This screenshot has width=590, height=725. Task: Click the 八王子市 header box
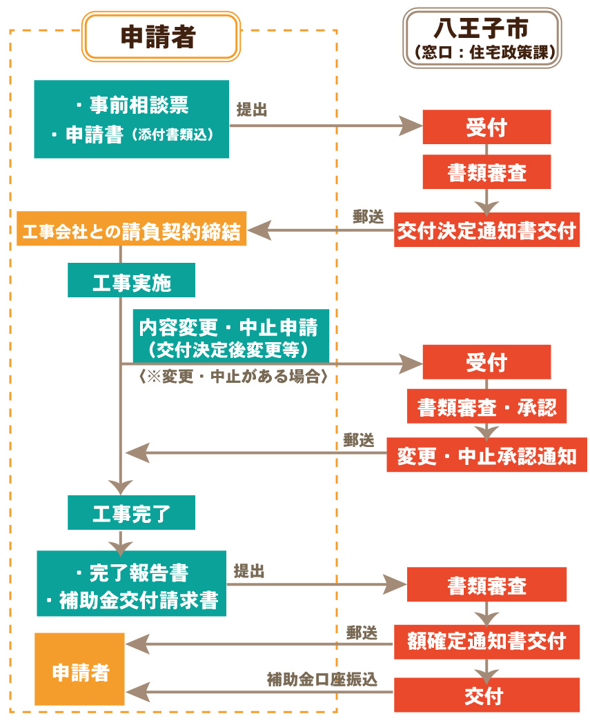[x=482, y=38]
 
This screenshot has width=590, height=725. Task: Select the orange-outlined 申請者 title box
[x=161, y=37]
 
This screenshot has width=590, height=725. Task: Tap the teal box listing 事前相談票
[x=131, y=119]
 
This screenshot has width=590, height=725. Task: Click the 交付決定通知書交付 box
[x=486, y=230]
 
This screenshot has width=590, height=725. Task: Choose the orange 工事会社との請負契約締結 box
[x=131, y=229]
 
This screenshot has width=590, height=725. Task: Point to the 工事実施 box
[x=131, y=280]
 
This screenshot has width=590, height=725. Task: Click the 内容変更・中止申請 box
[x=231, y=336]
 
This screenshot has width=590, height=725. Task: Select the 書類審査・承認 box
[x=486, y=406]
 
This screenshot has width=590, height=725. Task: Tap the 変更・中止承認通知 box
[x=486, y=455]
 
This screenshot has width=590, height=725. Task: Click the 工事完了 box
[x=131, y=513]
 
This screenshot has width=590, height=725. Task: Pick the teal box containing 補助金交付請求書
[x=131, y=584]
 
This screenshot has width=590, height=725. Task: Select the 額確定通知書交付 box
[x=486, y=642]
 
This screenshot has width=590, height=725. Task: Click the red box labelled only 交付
[x=486, y=695]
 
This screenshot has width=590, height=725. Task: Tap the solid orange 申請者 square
[x=79, y=669]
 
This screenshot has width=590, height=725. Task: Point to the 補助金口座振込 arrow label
[x=322, y=679]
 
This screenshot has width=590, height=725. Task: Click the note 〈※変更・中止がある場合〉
[x=233, y=377]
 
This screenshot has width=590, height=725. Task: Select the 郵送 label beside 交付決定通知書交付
[x=368, y=217]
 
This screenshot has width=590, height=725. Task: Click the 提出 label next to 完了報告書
[x=248, y=571]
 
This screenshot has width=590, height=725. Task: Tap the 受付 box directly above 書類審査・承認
[x=486, y=362]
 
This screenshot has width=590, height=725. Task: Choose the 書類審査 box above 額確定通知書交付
[x=486, y=584]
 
